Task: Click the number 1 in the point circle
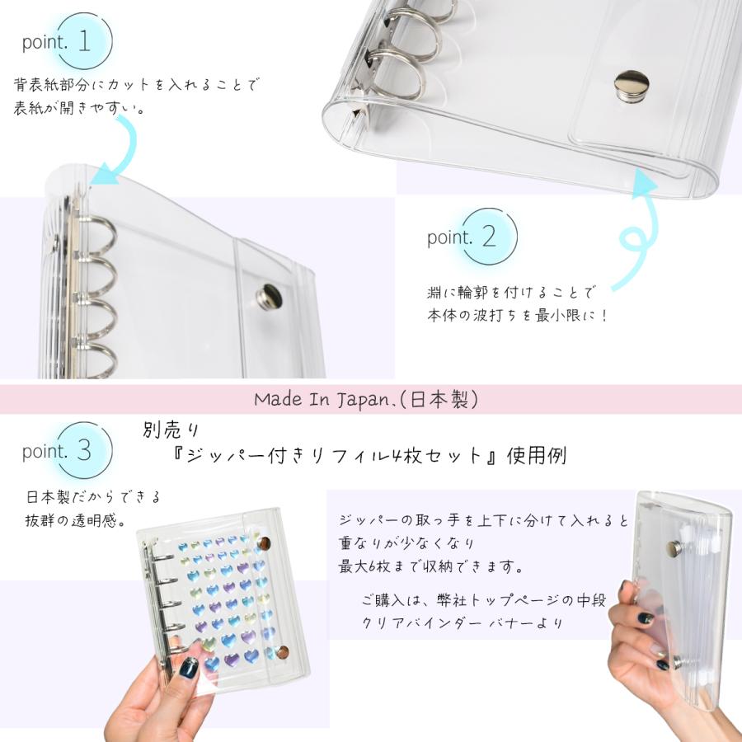[85, 43]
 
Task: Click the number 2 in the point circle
[489, 237]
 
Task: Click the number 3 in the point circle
[85, 450]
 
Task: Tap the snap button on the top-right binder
[631, 83]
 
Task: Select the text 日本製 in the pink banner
[448, 400]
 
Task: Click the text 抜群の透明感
[78, 520]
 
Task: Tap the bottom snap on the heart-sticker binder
[282, 652]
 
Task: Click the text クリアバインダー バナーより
[462, 622]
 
